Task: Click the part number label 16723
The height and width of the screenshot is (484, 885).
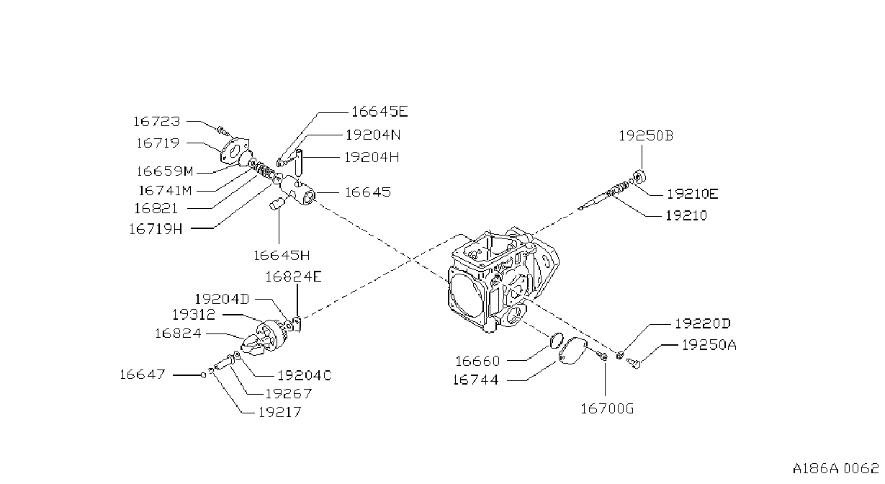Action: (x=157, y=121)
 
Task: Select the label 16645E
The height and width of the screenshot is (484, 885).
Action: (x=379, y=112)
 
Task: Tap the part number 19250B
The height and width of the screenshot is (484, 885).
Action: (x=646, y=136)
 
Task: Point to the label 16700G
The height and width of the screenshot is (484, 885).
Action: (x=607, y=408)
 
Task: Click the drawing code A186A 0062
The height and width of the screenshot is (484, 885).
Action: (x=835, y=469)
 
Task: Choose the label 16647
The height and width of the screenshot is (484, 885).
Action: (x=143, y=374)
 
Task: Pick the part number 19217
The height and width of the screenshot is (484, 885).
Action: (x=280, y=413)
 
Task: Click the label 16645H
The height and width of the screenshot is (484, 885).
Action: (x=282, y=256)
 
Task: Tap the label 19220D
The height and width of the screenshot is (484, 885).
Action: (x=703, y=323)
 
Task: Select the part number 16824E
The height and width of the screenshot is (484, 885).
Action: (x=293, y=277)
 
